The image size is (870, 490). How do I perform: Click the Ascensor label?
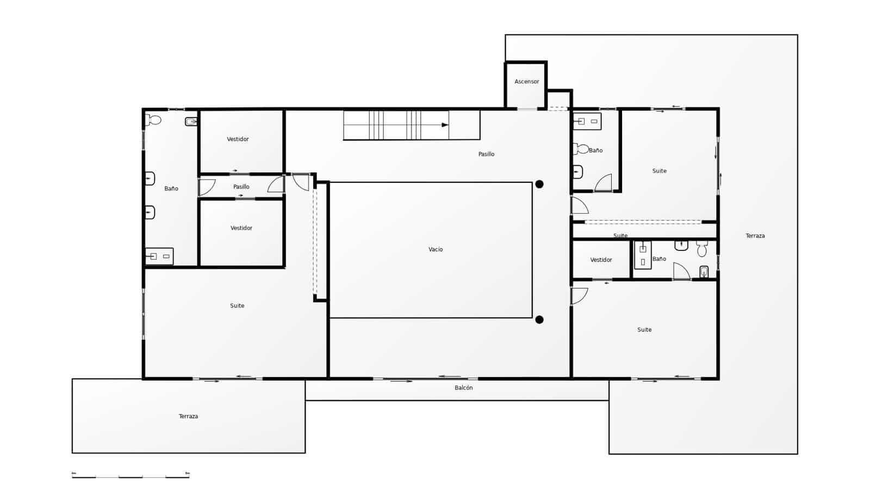(526, 82)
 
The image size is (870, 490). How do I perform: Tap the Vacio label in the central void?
(436, 249)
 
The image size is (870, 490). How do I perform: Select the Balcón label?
(464, 388)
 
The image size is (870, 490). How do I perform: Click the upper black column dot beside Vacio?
(539, 184)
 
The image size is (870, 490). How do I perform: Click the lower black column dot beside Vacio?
(539, 320)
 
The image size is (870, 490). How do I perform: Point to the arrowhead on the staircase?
(445, 125)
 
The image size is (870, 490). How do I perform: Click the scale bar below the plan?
(130, 476)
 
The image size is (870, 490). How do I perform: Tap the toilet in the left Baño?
(154, 120)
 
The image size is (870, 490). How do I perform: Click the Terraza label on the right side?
(755, 236)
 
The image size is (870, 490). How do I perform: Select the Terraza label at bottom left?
(188, 416)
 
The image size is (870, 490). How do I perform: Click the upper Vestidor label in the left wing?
(238, 139)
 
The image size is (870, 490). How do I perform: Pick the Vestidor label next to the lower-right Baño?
(601, 260)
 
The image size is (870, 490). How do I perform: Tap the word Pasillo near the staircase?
(486, 154)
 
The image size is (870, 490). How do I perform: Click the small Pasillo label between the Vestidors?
(241, 187)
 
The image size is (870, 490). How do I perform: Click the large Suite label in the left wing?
(237, 306)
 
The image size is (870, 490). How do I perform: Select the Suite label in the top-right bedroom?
(659, 171)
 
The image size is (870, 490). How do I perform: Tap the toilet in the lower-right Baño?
(702, 248)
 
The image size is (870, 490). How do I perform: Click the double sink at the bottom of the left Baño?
(159, 256)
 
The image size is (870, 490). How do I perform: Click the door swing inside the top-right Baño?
(604, 183)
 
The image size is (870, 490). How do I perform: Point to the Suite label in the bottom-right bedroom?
(644, 330)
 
